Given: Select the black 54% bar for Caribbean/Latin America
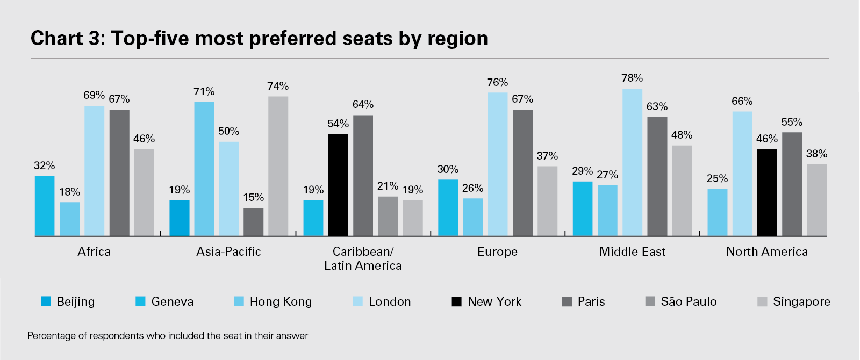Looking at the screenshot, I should pyautogui.click(x=338, y=185).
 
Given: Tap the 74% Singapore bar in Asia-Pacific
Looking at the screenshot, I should pyautogui.click(x=278, y=166).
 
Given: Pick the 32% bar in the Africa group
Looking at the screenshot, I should pyautogui.click(x=45, y=206).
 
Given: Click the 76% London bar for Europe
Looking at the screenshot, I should pyautogui.click(x=498, y=164).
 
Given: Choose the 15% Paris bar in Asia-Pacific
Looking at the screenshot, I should pyautogui.click(x=253, y=222).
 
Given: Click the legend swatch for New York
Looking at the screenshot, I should pyautogui.click(x=456, y=301).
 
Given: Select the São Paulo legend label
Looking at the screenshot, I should pyautogui.click(x=689, y=301).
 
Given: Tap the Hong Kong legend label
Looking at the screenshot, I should pyautogui.click(x=281, y=301).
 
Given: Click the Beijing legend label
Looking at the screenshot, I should pyautogui.click(x=76, y=301).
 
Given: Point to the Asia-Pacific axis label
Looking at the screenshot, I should pyautogui.click(x=228, y=251).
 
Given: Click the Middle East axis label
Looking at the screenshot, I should pyautogui.click(x=632, y=251).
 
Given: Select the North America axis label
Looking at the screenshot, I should pyautogui.click(x=767, y=251).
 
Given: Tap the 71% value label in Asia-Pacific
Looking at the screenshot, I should pyautogui.click(x=204, y=92).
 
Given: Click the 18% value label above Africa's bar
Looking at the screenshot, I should pyautogui.click(x=70, y=192).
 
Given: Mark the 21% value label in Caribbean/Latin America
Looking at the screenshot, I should pyautogui.click(x=388, y=186).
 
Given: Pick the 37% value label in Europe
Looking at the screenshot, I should pyautogui.click(x=547, y=156).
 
